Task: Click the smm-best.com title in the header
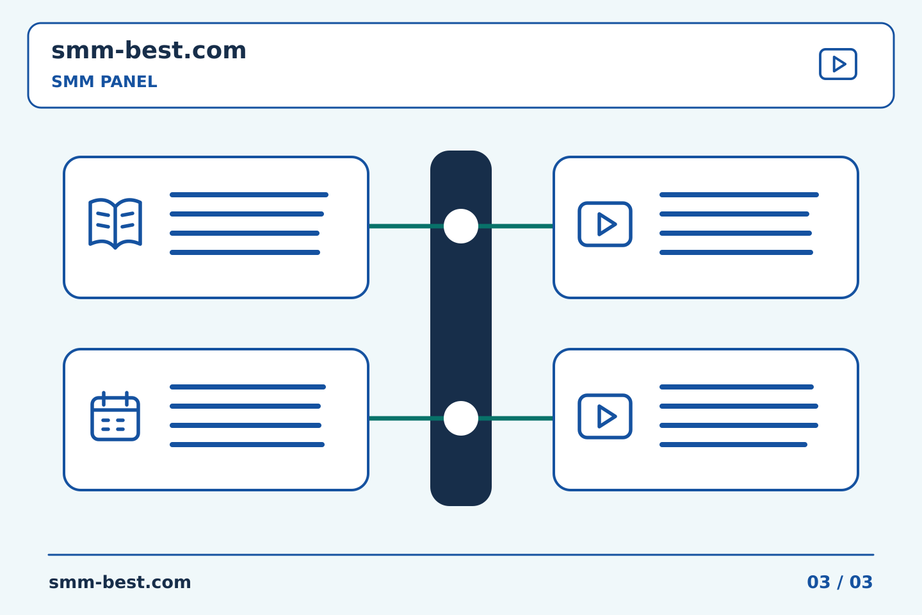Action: tap(149, 51)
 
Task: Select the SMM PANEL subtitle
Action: tap(104, 81)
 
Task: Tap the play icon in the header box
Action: tap(837, 64)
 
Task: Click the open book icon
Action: tap(115, 224)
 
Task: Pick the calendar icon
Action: tap(115, 416)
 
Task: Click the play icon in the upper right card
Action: tap(605, 224)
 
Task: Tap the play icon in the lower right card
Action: tap(605, 416)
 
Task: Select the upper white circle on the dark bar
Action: tap(461, 226)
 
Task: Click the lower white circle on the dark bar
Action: tap(461, 418)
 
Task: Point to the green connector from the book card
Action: tap(406, 226)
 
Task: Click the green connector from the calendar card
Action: tap(406, 418)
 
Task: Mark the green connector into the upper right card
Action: tap(516, 226)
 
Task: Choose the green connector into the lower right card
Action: tap(516, 418)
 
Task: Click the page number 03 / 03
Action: tap(839, 582)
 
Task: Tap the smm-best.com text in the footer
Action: tap(120, 582)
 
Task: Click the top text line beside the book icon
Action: tap(249, 195)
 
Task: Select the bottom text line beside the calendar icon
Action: tap(247, 445)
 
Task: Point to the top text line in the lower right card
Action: tap(736, 387)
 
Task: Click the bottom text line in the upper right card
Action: tap(736, 252)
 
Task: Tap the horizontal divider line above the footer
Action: tap(461, 555)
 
